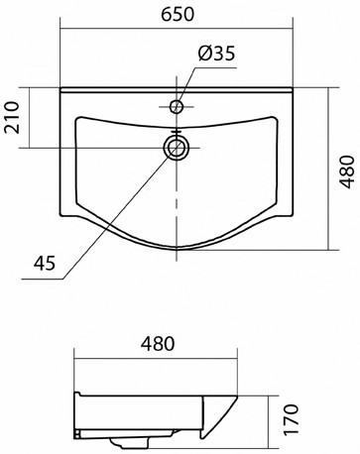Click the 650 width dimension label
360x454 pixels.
coord(178,14)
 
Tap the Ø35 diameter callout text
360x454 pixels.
coord(216,54)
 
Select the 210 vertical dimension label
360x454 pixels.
coord(12,117)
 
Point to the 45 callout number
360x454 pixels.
coord(45,264)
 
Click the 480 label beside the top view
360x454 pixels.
coord(347,171)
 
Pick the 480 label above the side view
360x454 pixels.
coord(157,344)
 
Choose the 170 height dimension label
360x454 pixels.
coord(291,419)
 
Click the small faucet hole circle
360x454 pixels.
coord(177,106)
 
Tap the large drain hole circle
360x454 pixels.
coord(177,148)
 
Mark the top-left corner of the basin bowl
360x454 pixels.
coord(77,118)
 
